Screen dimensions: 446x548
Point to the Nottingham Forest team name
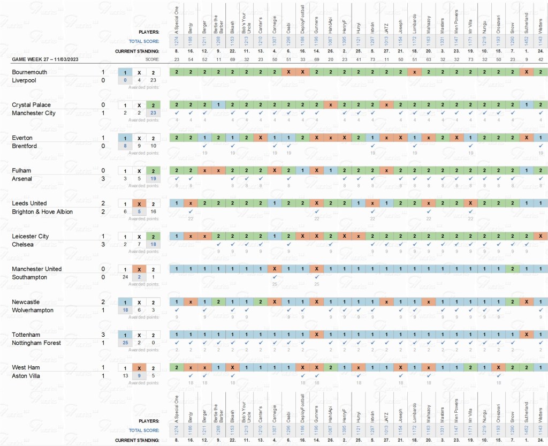(x=36, y=343)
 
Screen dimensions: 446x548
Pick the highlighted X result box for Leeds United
(x=139, y=204)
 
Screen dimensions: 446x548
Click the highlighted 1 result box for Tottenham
(x=125, y=335)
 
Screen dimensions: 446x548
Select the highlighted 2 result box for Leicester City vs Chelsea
(x=153, y=237)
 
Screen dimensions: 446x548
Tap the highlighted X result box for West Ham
(x=139, y=368)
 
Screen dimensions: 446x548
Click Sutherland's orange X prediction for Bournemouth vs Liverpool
(x=527, y=72)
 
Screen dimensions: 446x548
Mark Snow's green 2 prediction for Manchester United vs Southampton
(x=513, y=269)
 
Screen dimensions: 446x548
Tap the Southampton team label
(x=31, y=277)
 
